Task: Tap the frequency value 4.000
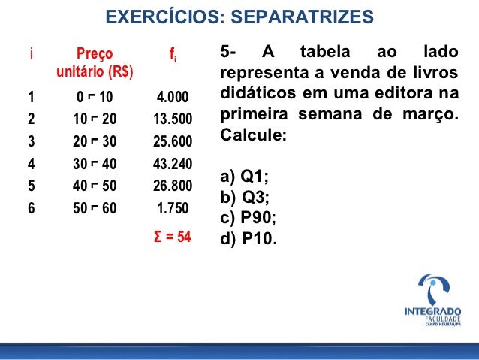(172, 98)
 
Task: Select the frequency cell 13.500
(172, 119)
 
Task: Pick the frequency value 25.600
(172, 142)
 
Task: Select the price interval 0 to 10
(95, 98)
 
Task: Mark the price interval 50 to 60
(95, 209)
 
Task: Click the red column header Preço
(95, 54)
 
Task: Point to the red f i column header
(172, 55)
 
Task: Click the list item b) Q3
(244, 198)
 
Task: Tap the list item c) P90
(249, 219)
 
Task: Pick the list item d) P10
(249, 240)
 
